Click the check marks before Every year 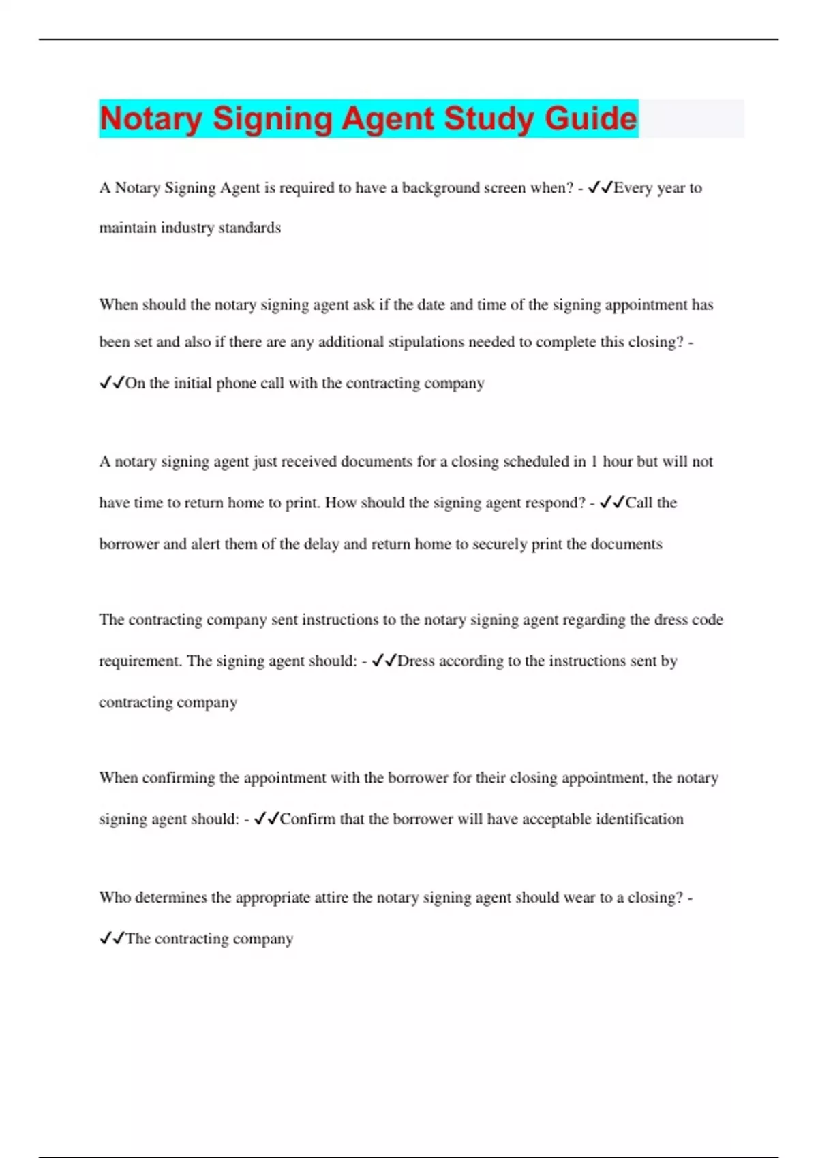600,187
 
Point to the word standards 249,228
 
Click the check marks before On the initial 112,383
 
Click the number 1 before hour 594,462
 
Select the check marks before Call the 612,503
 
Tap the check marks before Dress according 384,661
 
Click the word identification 639,819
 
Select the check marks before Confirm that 266,819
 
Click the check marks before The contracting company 112,939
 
